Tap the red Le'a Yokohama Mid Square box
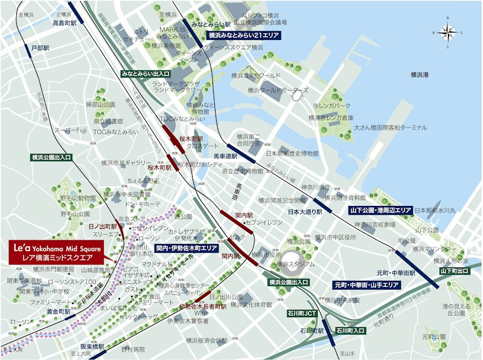click(x=56, y=252)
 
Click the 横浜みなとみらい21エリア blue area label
click(x=243, y=36)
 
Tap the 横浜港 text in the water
click(x=419, y=74)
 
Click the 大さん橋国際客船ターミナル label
click(x=391, y=128)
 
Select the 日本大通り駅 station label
click(x=302, y=212)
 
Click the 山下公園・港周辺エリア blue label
click(x=380, y=210)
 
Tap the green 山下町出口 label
click(x=454, y=272)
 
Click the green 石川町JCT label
click(x=302, y=313)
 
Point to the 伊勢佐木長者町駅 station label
click(x=202, y=307)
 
